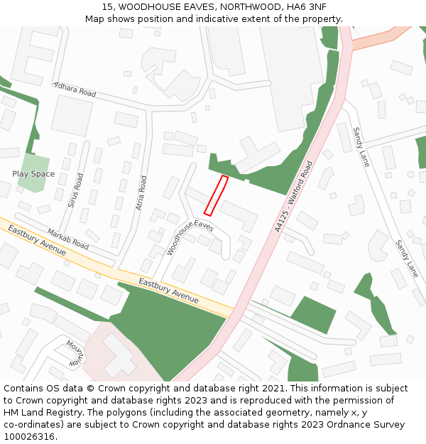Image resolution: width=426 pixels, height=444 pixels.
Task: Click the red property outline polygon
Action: click(216, 195)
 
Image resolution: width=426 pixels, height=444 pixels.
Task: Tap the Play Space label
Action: click(33, 174)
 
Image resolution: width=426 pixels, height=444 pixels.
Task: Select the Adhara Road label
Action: click(75, 90)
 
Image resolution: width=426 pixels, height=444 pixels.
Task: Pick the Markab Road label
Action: click(67, 239)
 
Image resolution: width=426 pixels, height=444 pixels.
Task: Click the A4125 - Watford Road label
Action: click(293, 196)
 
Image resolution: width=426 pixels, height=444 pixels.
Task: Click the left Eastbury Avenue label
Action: click(33, 241)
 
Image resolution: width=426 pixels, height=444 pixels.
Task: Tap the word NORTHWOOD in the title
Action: click(249, 7)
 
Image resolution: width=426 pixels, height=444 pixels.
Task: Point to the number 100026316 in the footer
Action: click(29, 437)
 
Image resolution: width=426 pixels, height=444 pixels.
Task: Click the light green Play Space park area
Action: click(33, 173)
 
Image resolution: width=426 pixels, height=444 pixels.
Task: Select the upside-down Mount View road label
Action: click(75, 352)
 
